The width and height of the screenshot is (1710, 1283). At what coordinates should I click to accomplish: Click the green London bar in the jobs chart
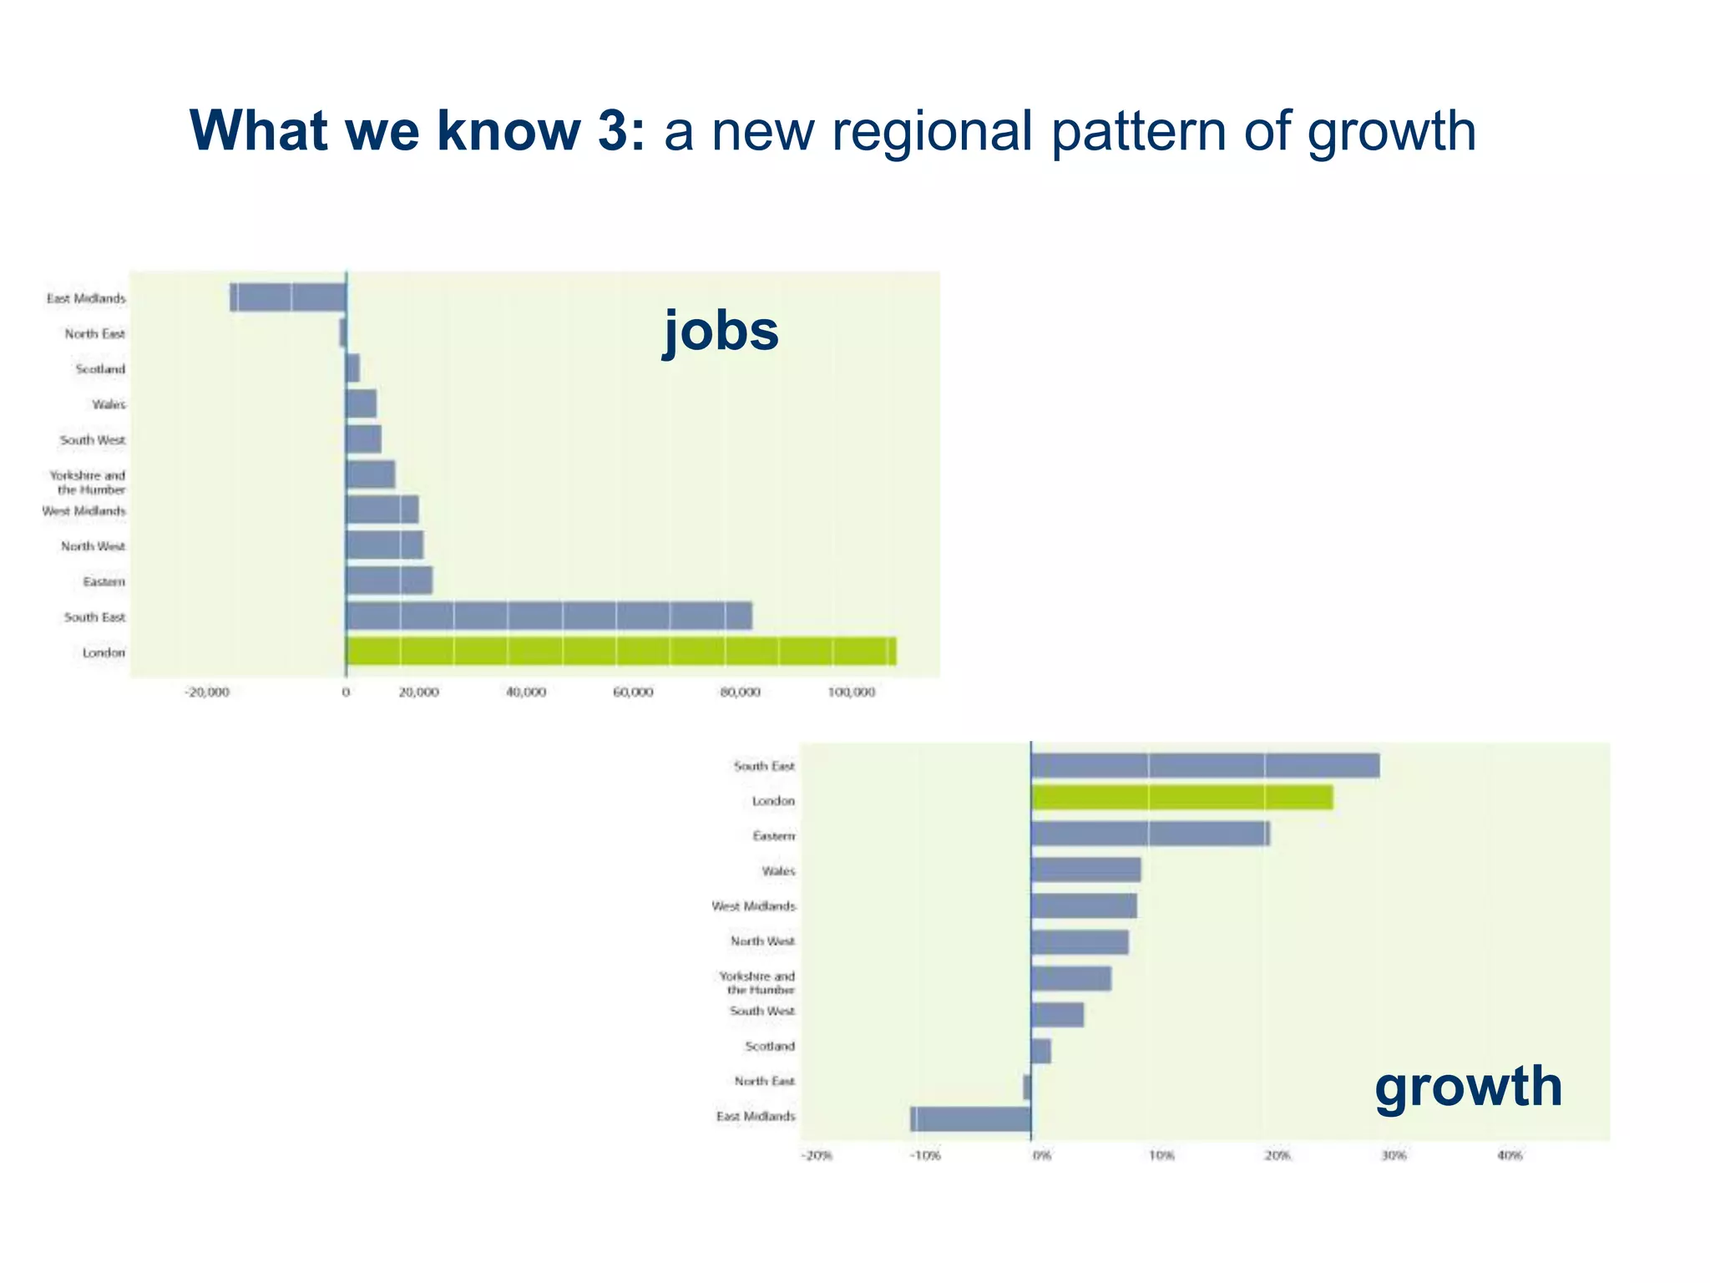620,652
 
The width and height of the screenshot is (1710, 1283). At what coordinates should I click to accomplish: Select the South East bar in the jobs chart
549,616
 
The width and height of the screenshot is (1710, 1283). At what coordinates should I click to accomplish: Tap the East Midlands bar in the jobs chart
288,297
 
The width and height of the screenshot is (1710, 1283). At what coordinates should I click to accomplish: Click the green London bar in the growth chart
1181,799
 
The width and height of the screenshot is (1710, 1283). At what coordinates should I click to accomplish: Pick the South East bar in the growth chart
1205,765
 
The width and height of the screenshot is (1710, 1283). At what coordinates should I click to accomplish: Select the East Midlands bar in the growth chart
970,1119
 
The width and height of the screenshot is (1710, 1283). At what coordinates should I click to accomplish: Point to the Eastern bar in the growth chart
1150,834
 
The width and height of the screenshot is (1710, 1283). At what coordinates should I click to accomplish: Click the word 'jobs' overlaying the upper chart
721,331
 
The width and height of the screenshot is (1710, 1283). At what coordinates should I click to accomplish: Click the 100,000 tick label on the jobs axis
851,692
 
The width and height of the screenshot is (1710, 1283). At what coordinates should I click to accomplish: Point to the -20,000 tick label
206,692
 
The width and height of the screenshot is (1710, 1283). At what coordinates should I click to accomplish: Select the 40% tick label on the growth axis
1509,1156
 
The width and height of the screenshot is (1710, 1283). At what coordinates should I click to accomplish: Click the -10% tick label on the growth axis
926,1156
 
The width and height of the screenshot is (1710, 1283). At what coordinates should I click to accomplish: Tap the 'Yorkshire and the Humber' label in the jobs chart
88,482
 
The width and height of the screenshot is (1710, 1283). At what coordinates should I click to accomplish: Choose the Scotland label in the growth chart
770,1046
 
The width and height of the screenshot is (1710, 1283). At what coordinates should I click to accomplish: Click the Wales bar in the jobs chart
361,403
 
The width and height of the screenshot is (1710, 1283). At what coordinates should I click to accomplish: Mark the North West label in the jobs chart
93,546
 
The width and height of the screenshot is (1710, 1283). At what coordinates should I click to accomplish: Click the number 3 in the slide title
620,131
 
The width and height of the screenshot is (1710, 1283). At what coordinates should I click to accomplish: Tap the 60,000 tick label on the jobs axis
633,692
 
